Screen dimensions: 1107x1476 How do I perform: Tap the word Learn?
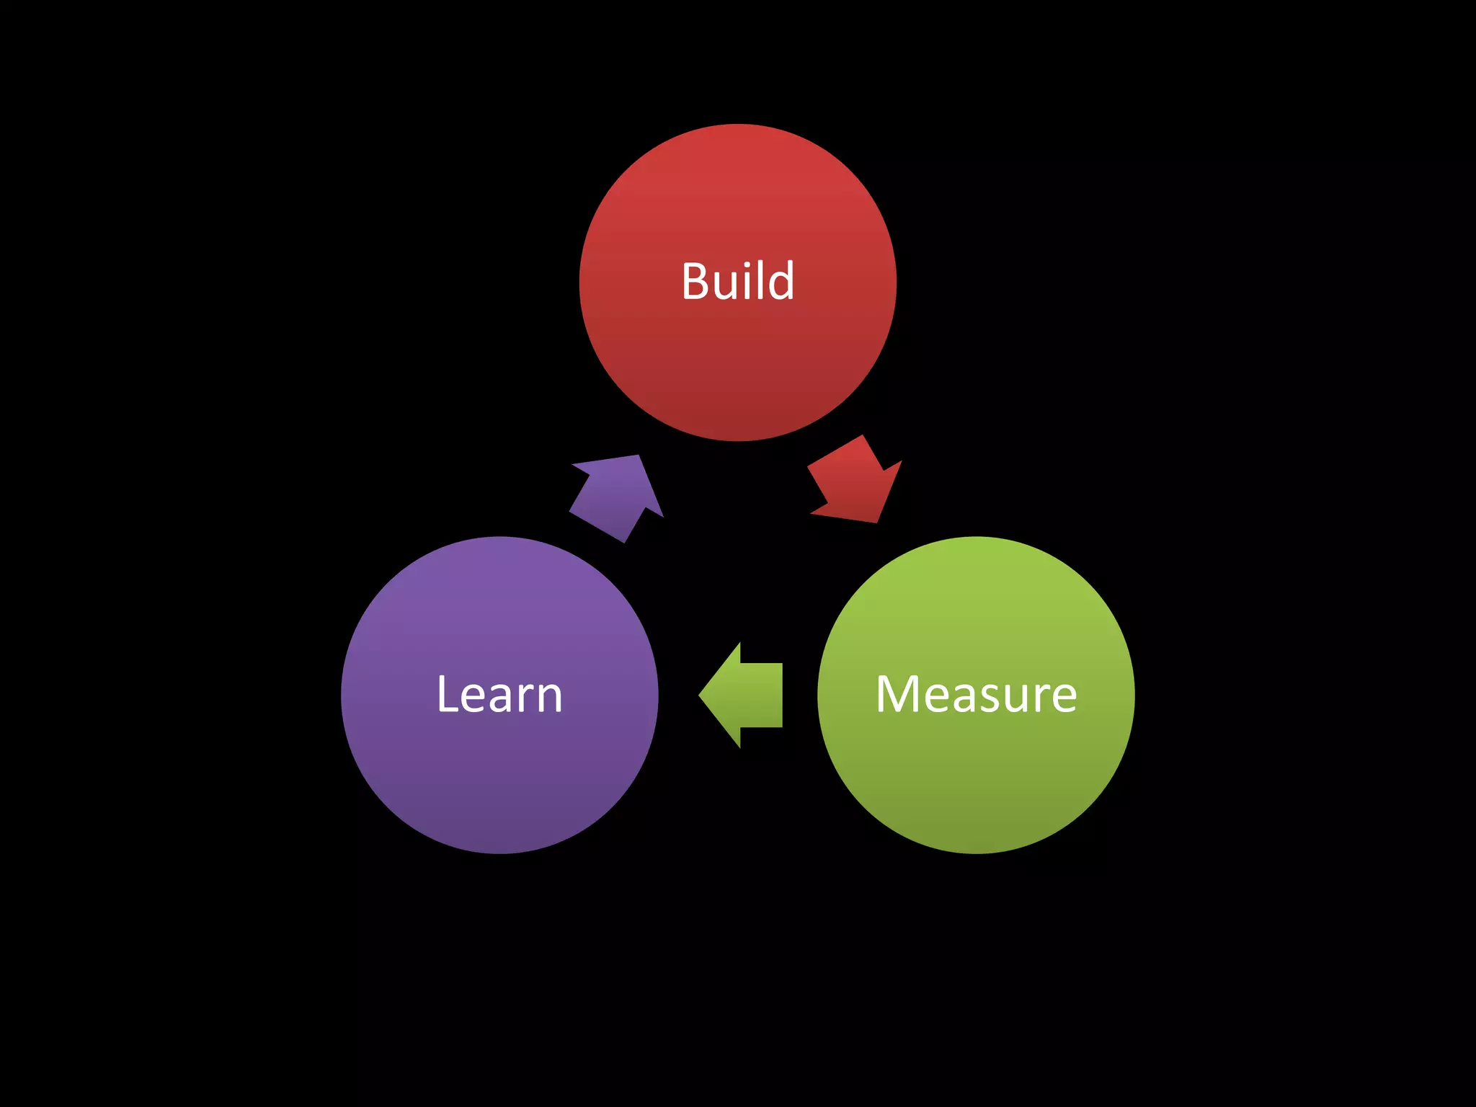coord(499,695)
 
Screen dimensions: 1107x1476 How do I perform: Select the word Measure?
coord(976,695)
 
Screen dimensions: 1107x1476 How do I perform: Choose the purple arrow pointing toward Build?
coord(617,497)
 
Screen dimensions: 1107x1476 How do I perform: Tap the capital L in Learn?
coord(448,695)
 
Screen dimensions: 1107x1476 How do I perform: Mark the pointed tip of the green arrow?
coord(700,695)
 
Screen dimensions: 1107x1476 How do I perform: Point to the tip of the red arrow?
coord(876,521)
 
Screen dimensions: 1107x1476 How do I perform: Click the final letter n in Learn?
coord(548,699)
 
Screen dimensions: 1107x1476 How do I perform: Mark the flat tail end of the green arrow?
coord(781,695)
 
